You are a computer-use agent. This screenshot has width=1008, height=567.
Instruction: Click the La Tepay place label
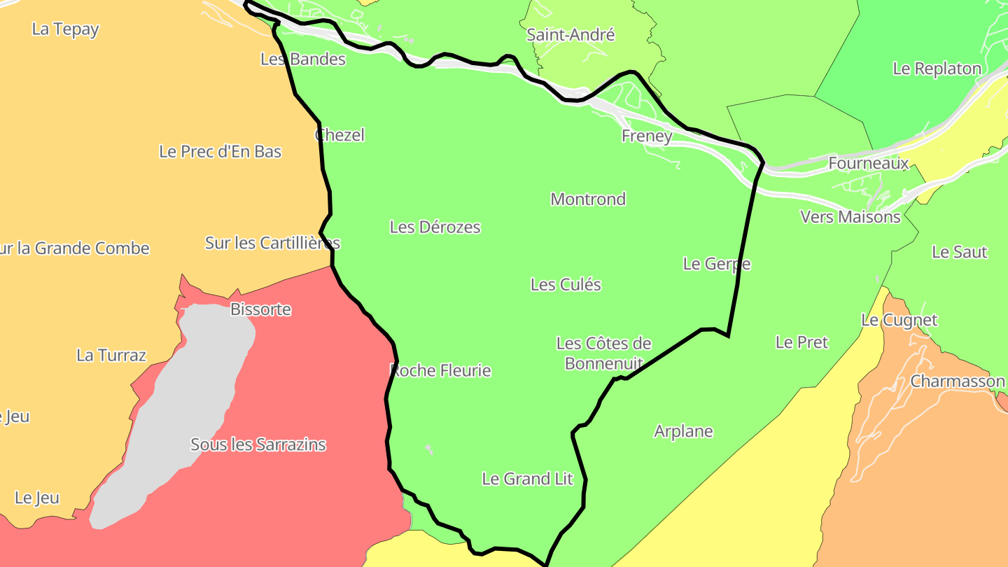coord(66,29)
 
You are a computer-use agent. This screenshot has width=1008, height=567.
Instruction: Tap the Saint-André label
coord(570,34)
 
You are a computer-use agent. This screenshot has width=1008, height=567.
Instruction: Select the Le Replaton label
coord(937,69)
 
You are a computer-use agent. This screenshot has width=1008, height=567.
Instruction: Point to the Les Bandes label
coord(303,59)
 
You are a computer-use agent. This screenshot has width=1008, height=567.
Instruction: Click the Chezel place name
coord(340,135)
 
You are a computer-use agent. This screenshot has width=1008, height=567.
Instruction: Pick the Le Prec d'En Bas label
coord(220,151)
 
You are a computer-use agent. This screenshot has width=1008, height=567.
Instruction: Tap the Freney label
coord(647,136)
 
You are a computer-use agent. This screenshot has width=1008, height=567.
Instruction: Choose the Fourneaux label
coord(868,163)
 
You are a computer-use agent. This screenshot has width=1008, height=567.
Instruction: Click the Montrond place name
coord(588,199)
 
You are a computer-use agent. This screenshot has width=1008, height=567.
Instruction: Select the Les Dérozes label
coord(435,227)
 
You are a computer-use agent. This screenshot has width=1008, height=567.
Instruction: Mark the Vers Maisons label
coord(850,217)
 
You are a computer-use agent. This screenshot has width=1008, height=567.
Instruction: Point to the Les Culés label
coord(566,284)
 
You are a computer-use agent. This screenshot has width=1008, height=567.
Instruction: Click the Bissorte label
coord(260,309)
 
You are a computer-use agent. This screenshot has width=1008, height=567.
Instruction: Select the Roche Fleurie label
coord(440,370)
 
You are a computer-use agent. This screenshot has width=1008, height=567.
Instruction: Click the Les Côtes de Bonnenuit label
coord(603,353)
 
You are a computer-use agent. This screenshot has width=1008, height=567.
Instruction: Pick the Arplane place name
coord(683,431)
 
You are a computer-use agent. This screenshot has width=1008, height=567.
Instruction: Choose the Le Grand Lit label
coord(527,479)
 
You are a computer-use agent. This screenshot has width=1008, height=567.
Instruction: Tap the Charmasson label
coord(957,381)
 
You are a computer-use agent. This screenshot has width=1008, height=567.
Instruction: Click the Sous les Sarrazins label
coord(258,444)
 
